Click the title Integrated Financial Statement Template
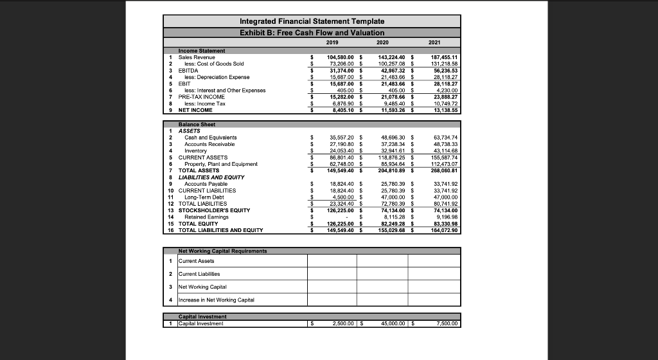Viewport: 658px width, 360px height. [312, 21]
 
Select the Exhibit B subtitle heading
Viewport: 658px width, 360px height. [312, 32]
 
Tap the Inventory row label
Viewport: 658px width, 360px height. [195, 150]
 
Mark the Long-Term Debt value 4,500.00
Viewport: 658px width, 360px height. [341, 197]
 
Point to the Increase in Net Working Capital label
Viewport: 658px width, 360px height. [216, 300]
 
